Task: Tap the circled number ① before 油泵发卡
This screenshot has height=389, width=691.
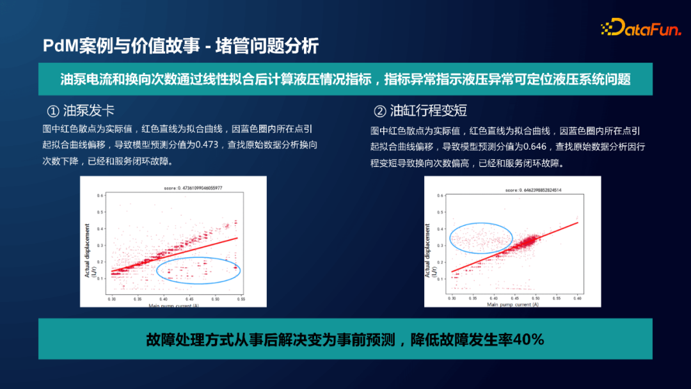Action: point(54,110)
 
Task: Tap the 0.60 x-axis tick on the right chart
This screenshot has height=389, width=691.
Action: point(578,299)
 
